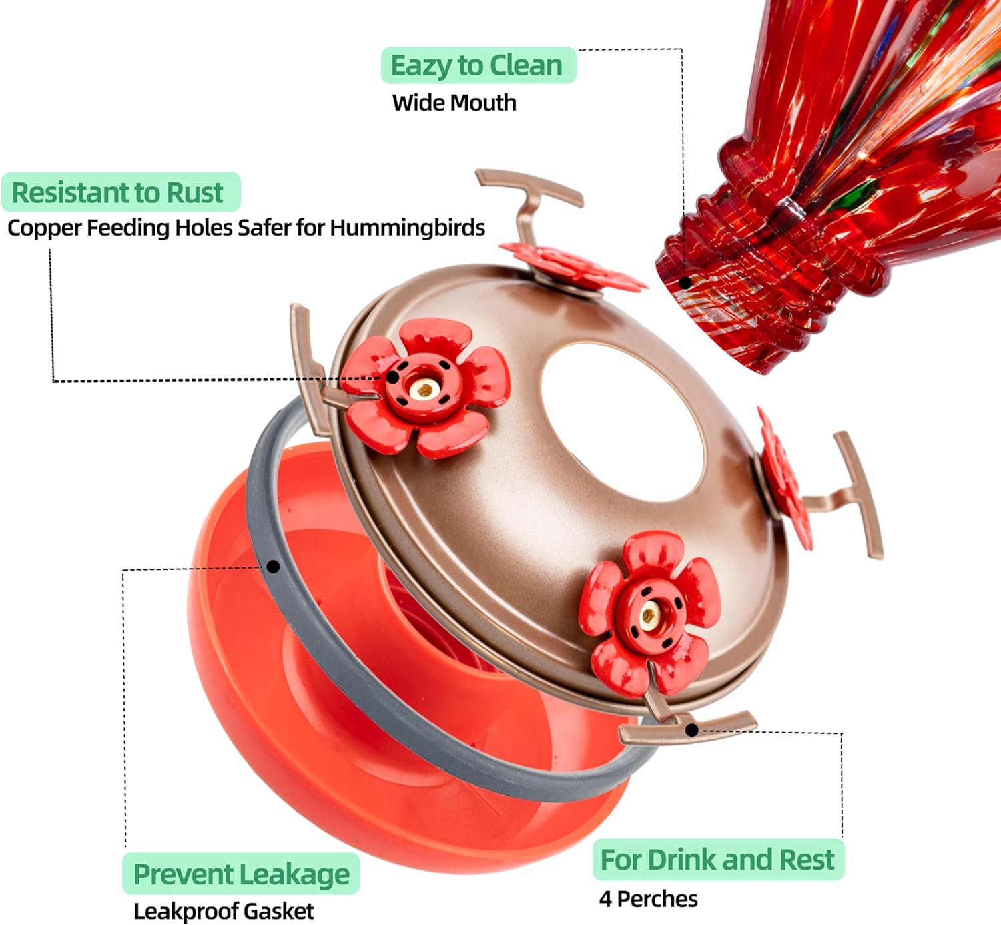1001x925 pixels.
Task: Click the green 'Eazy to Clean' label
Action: pyautogui.click(x=477, y=65)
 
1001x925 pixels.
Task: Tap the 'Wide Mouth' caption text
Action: pyautogui.click(x=454, y=103)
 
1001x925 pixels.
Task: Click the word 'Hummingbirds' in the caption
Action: pyautogui.click(x=407, y=228)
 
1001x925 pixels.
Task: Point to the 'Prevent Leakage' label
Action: pyautogui.click(x=241, y=874)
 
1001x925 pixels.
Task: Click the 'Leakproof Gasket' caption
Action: pyautogui.click(x=224, y=911)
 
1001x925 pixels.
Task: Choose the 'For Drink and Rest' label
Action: pyautogui.click(x=717, y=860)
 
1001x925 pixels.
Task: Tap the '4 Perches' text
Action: pyautogui.click(x=648, y=899)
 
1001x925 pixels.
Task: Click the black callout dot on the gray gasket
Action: pyautogui.click(x=273, y=567)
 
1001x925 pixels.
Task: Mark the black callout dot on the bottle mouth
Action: pyautogui.click(x=685, y=282)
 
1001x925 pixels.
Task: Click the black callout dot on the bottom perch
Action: pyautogui.click(x=692, y=730)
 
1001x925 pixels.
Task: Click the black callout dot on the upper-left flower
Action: pyautogui.click(x=394, y=377)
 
